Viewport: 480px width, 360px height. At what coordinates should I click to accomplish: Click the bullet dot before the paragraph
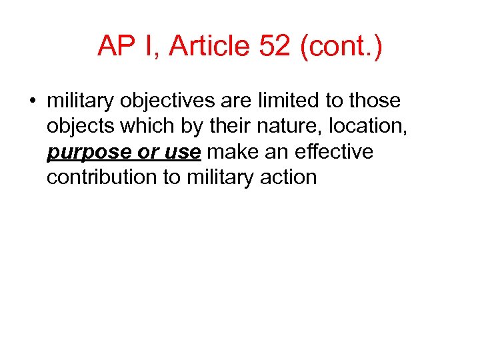point(31,101)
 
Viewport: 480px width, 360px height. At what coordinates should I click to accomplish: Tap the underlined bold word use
point(182,152)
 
